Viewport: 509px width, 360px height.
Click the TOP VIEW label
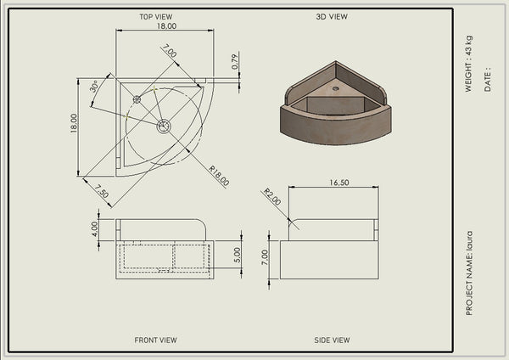[x=156, y=17]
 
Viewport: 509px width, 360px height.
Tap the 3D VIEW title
[x=332, y=17]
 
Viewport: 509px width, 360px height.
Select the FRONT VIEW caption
[x=155, y=340]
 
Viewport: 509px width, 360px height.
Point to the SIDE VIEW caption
[x=332, y=340]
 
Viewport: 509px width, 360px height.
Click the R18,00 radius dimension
[x=219, y=176]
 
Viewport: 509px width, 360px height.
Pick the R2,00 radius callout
[x=272, y=197]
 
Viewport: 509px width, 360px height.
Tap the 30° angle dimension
[x=94, y=87]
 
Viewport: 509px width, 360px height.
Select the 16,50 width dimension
[x=339, y=183]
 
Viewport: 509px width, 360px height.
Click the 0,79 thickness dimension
[x=235, y=62]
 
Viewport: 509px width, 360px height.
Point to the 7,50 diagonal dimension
[x=102, y=191]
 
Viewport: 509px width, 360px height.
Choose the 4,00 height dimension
[x=94, y=229]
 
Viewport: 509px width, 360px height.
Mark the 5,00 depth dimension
[x=238, y=255]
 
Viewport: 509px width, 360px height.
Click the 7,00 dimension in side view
[x=265, y=257]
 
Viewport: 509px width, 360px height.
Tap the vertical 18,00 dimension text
[x=74, y=123]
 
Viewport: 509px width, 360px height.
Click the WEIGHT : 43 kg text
[x=468, y=64]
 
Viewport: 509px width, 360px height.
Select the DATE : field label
[x=487, y=80]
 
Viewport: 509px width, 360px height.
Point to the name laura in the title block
[x=469, y=240]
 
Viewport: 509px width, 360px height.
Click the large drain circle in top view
[x=164, y=126]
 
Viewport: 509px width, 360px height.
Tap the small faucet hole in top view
[x=137, y=99]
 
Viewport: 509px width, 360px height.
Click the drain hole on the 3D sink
[x=336, y=88]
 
